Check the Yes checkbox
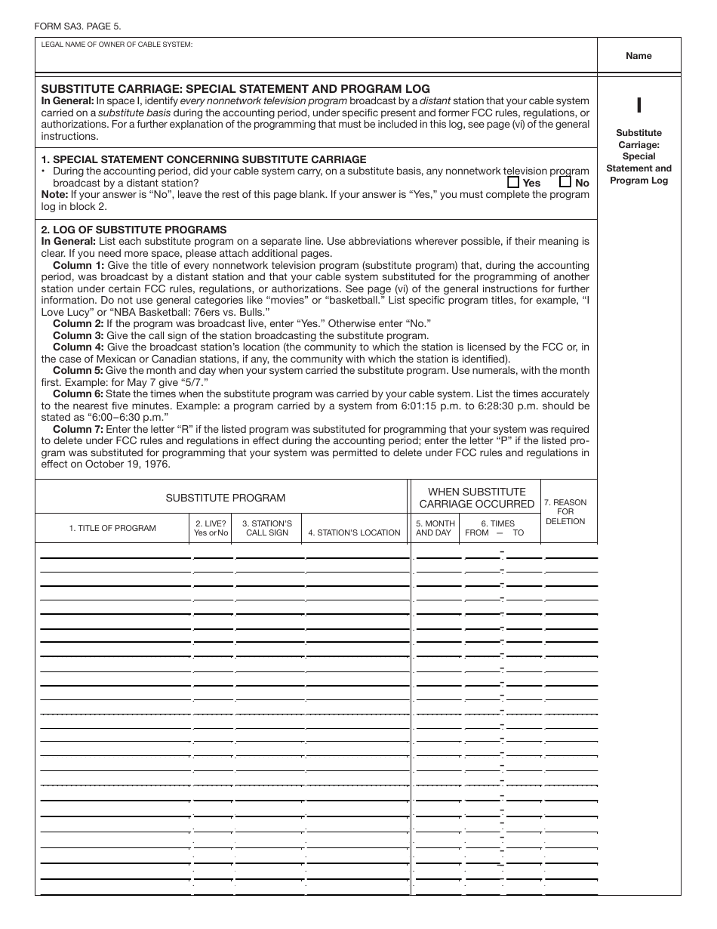point(513,182)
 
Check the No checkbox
point(565,182)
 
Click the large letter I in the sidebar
point(639,106)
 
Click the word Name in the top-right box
point(639,56)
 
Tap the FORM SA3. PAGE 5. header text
point(77,26)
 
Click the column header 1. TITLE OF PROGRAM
point(112,528)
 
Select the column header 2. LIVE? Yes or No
point(211,528)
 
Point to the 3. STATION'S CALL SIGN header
point(267,528)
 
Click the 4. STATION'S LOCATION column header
point(354,532)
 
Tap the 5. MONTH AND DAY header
point(435,528)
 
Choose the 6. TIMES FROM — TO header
point(494,528)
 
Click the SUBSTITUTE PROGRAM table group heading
point(226,498)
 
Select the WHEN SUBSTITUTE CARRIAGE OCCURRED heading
point(476,498)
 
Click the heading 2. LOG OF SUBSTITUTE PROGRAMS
point(134,230)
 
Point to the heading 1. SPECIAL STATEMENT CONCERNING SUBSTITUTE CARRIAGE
point(204,159)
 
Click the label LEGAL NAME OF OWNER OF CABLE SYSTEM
point(117,45)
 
